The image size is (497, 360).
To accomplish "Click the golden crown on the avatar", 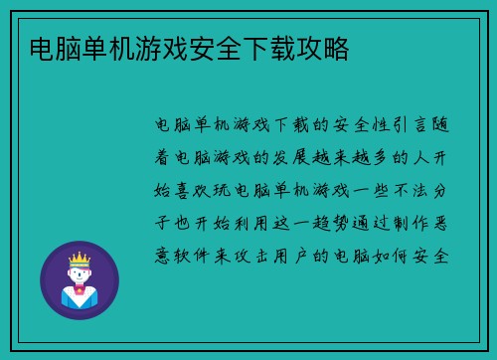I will pyautogui.click(x=79, y=258).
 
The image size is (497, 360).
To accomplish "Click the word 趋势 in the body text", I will pyautogui.click(x=339, y=221).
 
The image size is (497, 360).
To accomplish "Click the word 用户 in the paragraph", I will pyautogui.click(x=296, y=253).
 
